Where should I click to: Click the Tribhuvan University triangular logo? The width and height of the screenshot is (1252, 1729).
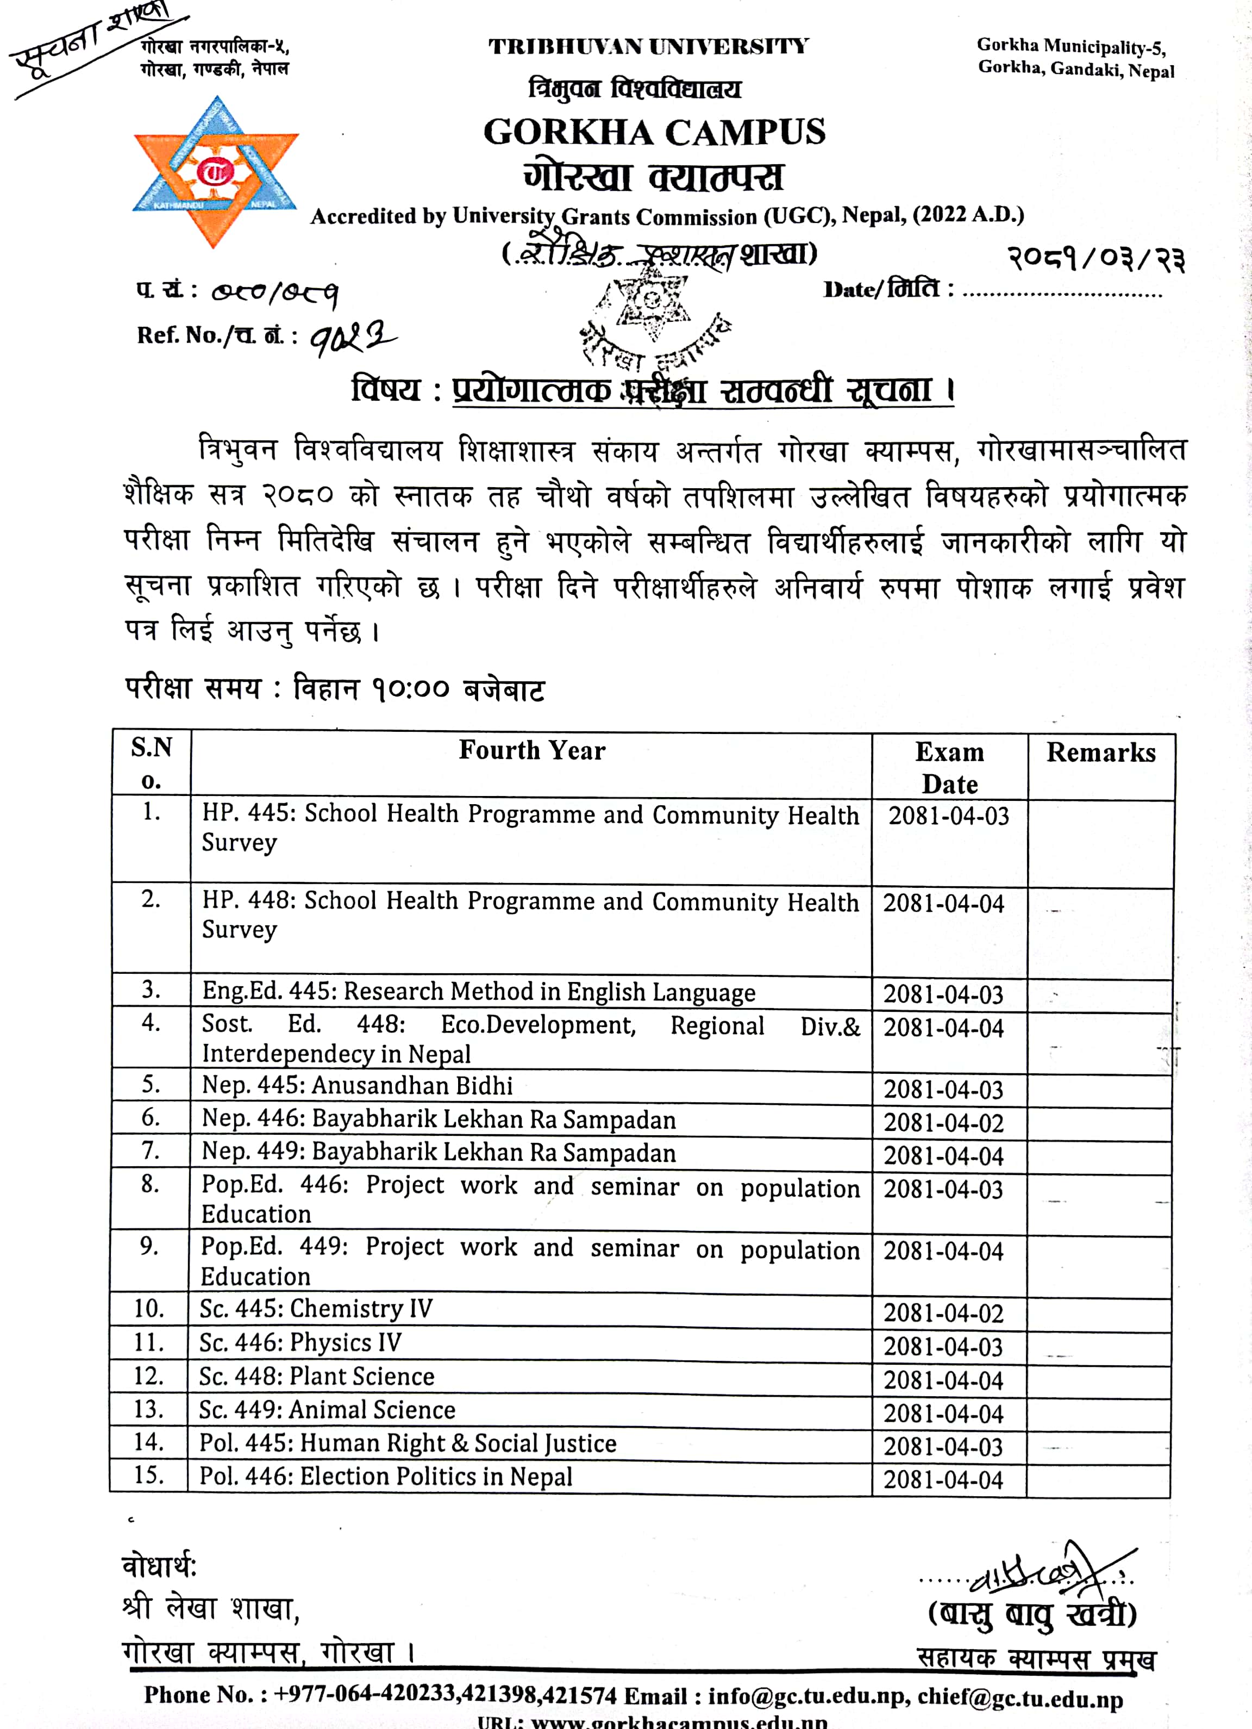click(216, 171)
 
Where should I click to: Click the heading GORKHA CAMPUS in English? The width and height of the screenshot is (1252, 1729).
click(654, 132)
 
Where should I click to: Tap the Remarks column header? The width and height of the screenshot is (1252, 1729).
click(1100, 752)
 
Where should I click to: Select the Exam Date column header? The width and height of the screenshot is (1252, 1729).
click(949, 768)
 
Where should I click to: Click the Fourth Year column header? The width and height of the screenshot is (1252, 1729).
click(532, 751)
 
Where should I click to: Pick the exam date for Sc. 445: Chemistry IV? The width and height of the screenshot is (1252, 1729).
click(943, 1313)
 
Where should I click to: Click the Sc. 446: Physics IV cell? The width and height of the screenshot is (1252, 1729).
click(301, 1342)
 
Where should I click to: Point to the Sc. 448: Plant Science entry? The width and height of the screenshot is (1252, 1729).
click(316, 1376)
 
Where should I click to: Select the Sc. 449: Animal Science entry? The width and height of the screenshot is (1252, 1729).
click(327, 1410)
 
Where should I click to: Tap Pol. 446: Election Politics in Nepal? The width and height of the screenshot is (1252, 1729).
click(386, 1477)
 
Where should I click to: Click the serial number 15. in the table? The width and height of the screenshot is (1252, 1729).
click(149, 1475)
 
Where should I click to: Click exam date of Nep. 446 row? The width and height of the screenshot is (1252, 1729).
click(943, 1123)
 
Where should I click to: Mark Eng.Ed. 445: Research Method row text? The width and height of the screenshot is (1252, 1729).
click(479, 992)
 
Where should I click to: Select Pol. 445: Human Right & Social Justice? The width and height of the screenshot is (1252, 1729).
click(408, 1443)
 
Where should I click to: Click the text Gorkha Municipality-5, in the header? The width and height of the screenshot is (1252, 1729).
click(1071, 47)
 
